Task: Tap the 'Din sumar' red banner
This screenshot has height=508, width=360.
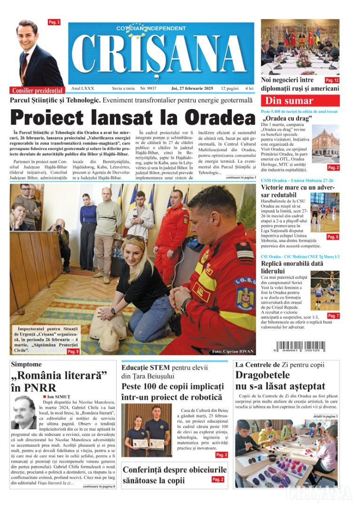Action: [300, 100]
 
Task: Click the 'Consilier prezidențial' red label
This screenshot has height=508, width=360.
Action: [37, 90]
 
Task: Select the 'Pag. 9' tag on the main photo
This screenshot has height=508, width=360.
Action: [73, 351]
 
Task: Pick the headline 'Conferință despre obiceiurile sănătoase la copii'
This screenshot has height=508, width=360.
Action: [174, 475]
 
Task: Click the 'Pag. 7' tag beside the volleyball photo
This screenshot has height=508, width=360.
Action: [333, 316]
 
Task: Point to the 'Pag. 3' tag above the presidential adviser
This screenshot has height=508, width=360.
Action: [54, 22]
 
